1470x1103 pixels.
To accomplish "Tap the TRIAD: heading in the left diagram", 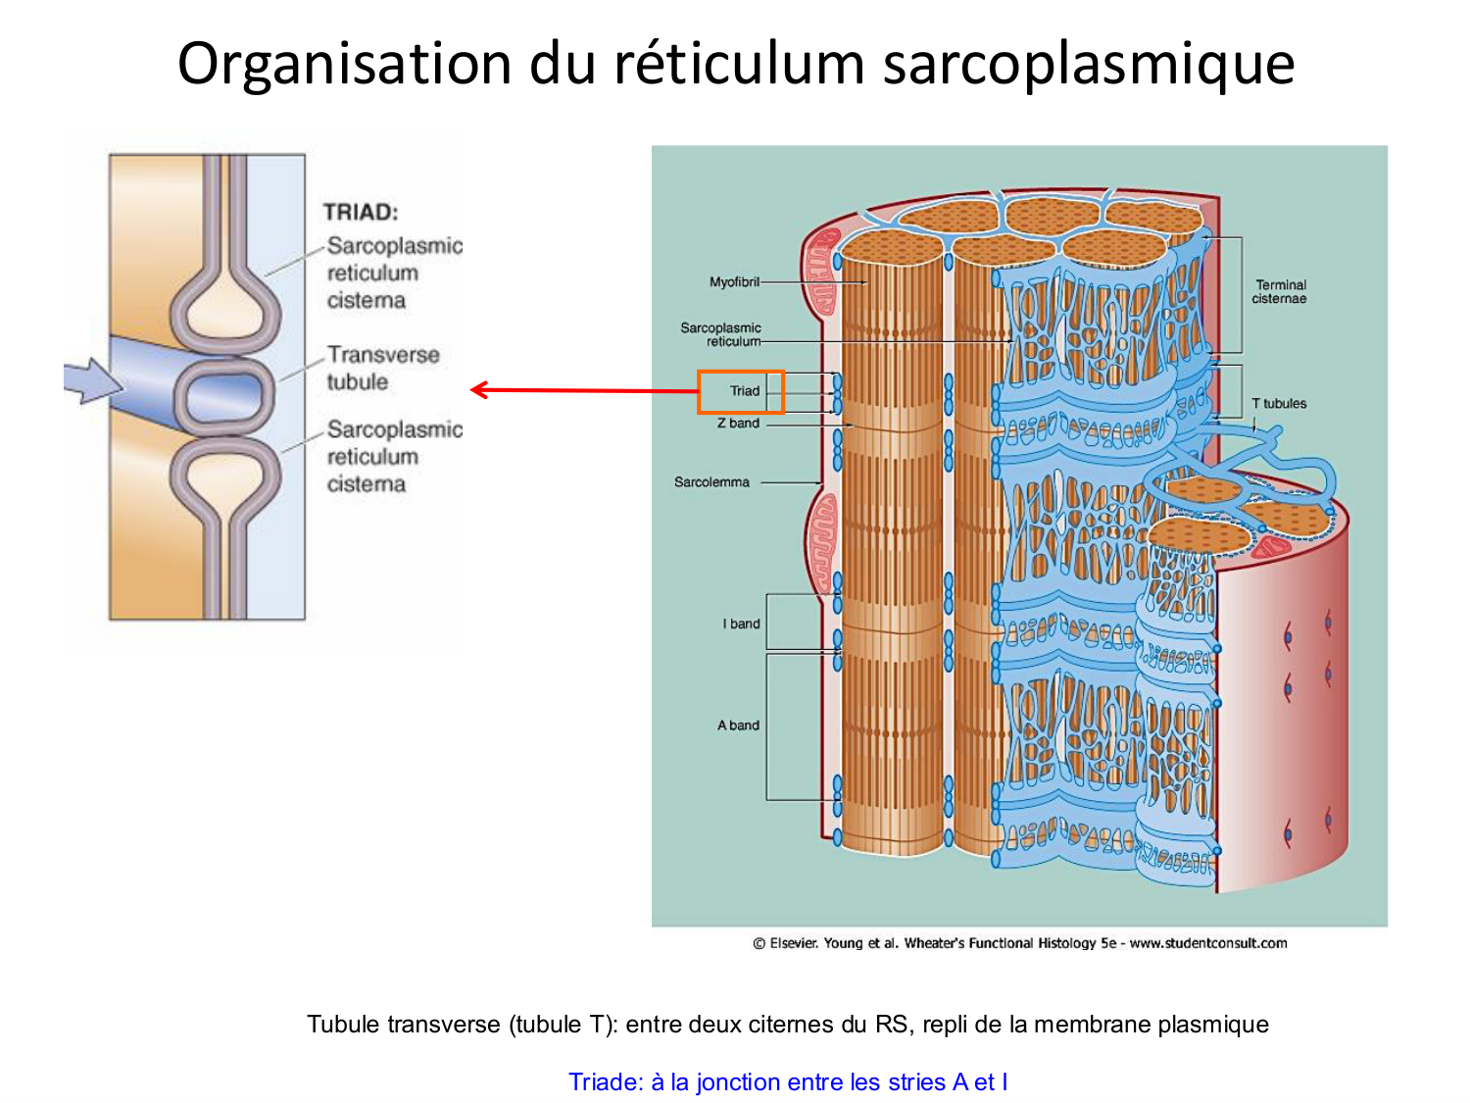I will (x=361, y=212).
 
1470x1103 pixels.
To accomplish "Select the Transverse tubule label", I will (x=382, y=368).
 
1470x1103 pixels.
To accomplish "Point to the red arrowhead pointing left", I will (x=479, y=390).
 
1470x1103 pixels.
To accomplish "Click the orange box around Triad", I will (x=741, y=391).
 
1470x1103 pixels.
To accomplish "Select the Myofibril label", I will (x=734, y=282).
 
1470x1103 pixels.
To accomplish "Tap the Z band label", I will (x=738, y=424).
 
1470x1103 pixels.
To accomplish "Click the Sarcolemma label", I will (x=711, y=482).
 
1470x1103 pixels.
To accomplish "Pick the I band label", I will (x=741, y=624).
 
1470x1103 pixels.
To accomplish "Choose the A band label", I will (x=738, y=726).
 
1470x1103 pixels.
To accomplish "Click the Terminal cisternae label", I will (x=1279, y=291).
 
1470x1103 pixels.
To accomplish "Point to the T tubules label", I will (x=1279, y=403).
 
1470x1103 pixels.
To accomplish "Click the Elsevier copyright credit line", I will (x=1019, y=943).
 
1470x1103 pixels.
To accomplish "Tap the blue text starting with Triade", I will (x=788, y=1081).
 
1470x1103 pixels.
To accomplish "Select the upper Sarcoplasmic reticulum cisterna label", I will (x=392, y=273).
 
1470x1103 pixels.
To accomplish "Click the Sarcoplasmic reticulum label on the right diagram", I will (x=720, y=334).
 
